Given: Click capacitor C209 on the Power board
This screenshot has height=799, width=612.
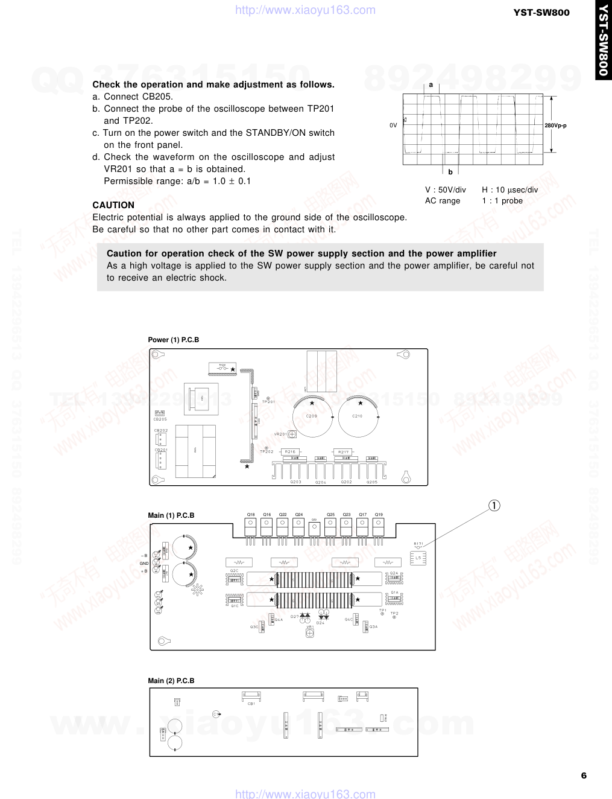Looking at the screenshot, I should point(312,416).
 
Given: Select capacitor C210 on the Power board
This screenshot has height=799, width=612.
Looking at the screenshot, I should point(358,416).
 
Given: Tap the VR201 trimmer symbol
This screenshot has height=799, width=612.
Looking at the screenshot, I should point(292,434).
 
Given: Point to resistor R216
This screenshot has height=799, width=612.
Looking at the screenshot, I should point(291,451).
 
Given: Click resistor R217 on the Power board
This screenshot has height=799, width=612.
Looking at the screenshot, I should point(343,451).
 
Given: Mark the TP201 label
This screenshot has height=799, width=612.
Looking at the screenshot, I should point(268,402).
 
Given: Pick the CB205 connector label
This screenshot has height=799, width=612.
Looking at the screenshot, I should point(160,419).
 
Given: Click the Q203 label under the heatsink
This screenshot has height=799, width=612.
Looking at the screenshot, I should point(295,482).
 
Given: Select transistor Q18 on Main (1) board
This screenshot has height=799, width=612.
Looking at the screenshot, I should point(251,526).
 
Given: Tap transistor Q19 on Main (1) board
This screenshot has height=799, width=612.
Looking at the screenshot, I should point(378,526).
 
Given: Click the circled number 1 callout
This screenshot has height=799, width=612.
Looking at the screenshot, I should point(494,506).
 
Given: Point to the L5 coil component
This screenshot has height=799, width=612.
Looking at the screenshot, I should point(418,558).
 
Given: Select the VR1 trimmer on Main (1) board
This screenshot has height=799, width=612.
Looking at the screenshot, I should point(310,633).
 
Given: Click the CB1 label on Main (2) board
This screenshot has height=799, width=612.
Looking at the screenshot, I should point(251,704).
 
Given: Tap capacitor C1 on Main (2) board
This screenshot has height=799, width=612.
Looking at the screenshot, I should point(216,714).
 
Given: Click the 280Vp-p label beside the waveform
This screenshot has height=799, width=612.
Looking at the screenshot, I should point(555,126).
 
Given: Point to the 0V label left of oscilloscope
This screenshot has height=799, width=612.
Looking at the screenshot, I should point(393,126).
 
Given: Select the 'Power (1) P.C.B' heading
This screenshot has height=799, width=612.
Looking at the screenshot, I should point(174,340).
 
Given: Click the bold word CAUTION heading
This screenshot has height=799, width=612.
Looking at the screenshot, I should point(113,205).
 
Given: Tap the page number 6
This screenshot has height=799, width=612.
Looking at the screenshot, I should point(584,775).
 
